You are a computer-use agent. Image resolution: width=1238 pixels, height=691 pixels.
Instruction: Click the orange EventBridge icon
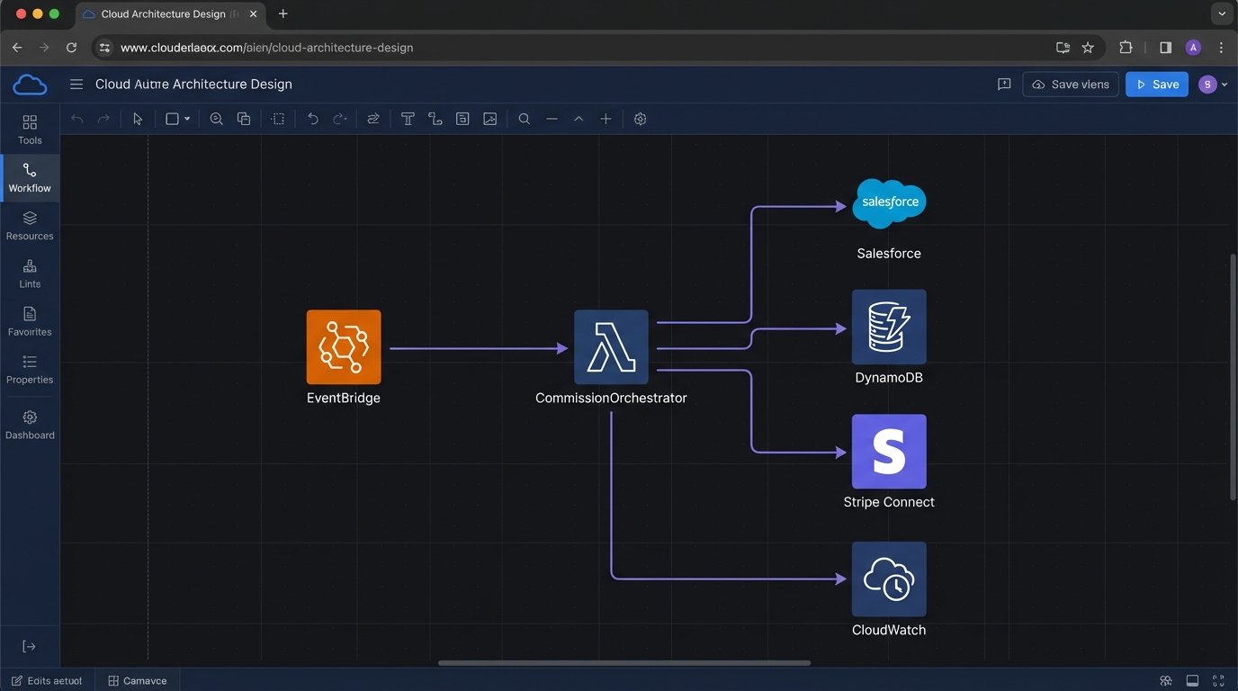(344, 347)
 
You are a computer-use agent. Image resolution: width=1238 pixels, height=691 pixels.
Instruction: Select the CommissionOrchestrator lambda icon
(611, 347)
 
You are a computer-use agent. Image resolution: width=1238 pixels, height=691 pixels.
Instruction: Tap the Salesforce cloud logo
(889, 202)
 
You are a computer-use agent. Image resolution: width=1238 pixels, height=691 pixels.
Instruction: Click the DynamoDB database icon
(889, 327)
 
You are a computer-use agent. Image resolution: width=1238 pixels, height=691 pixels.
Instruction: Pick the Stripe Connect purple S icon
(889, 452)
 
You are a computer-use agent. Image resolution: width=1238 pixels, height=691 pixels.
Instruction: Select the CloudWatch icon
(889, 579)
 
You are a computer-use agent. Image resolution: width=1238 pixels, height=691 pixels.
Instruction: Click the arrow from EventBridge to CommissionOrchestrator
(477, 348)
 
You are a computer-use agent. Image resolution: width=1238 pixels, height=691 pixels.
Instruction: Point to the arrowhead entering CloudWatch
(841, 579)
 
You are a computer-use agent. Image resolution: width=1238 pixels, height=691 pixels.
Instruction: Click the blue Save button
(1157, 85)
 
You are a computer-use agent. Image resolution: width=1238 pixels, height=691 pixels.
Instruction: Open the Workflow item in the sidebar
(30, 177)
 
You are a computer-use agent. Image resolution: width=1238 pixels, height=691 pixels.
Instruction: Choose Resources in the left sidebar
(30, 225)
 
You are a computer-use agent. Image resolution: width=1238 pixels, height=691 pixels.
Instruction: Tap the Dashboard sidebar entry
(30, 425)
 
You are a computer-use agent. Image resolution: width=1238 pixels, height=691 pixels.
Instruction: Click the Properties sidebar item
(30, 369)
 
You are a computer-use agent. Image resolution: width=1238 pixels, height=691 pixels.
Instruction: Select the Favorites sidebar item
(30, 321)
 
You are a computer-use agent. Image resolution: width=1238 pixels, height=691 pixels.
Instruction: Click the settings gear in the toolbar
(641, 119)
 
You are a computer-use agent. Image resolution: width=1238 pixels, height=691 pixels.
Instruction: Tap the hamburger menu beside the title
(76, 85)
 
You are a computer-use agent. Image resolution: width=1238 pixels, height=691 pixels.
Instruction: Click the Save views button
(1071, 85)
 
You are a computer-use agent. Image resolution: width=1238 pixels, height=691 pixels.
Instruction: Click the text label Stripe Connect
(889, 502)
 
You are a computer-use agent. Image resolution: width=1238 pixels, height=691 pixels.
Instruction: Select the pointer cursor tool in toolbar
(138, 119)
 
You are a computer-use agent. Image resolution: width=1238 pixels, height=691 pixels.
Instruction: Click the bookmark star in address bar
(1088, 48)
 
